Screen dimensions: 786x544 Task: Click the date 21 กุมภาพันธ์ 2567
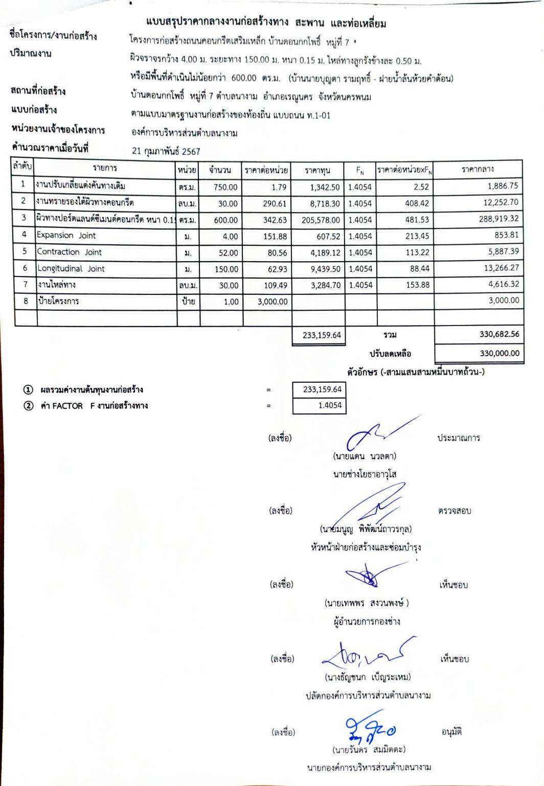tap(166, 151)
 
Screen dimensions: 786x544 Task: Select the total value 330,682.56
tap(499, 334)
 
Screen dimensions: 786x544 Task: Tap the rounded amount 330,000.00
tap(499, 353)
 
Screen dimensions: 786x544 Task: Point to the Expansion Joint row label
tap(66, 236)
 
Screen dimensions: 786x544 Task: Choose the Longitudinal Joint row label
tap(71, 269)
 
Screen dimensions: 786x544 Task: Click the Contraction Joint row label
tap(69, 252)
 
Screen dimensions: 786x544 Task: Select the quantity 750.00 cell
tap(225, 187)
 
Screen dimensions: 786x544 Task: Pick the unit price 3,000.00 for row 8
tap(273, 302)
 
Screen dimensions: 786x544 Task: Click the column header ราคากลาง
tap(478, 169)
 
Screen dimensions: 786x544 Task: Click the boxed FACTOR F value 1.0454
tap(330, 405)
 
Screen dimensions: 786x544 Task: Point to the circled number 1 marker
tap(29, 390)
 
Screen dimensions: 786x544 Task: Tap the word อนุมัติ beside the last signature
tap(451, 732)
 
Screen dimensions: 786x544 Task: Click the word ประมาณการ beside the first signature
tap(459, 438)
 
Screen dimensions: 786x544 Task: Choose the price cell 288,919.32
tap(498, 219)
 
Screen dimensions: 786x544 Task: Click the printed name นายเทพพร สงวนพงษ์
tap(367, 603)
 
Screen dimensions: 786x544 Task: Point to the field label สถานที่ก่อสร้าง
tap(38, 91)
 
